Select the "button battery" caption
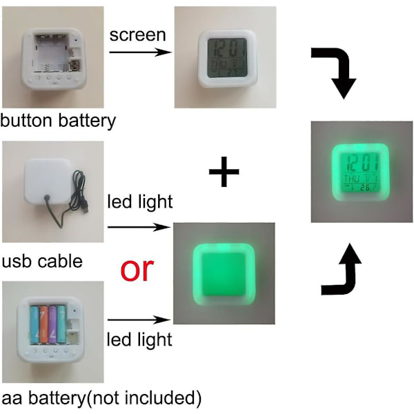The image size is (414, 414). pos(58,121)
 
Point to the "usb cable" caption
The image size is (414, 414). pos(41,262)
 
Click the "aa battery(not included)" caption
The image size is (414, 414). pos(101,398)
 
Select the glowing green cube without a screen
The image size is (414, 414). pos(223,272)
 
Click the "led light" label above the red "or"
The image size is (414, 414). pos(139,201)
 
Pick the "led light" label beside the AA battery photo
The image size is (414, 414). pos(139,339)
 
